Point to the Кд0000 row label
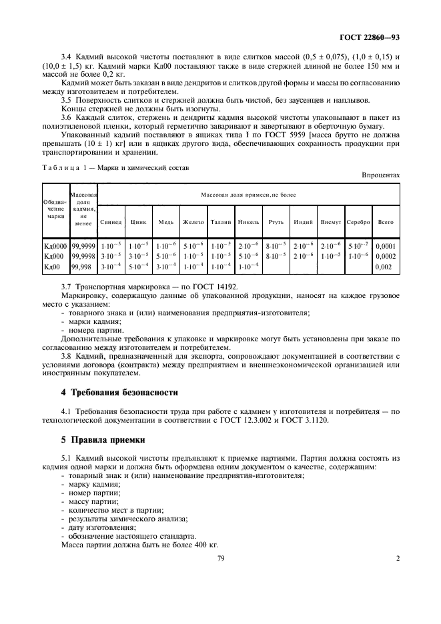pyautogui.click(x=55, y=245)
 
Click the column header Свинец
pyautogui.click(x=111, y=221)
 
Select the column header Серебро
pyautogui.click(x=358, y=221)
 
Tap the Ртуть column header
pyautogui.click(x=275, y=221)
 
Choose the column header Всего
pyautogui.click(x=385, y=221)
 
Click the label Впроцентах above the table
pyautogui.click(x=380, y=175)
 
